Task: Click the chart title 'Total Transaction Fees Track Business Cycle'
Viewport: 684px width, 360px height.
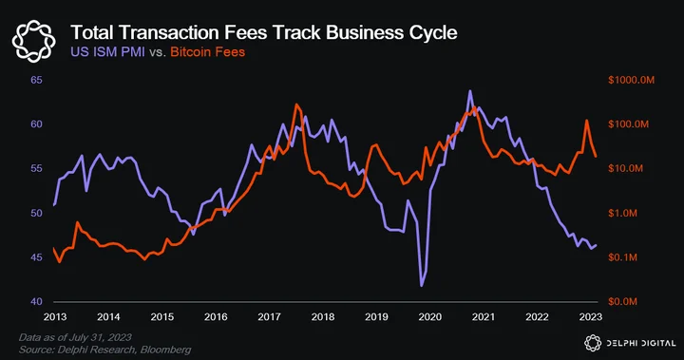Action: [264, 32]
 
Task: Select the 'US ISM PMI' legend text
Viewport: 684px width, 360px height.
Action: [107, 52]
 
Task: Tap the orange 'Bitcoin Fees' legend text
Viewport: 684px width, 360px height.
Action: [208, 52]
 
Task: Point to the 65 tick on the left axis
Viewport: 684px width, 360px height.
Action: [37, 80]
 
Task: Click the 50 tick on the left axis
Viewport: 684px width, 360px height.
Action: [37, 213]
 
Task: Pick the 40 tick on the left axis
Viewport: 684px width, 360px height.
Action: [37, 301]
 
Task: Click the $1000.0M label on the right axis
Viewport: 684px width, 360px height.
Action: [631, 80]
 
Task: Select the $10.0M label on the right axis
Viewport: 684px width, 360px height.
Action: [625, 168]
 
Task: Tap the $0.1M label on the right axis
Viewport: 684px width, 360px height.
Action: [622, 257]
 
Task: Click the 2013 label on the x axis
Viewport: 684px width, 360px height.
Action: [55, 317]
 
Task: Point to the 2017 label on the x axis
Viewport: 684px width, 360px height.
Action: [269, 317]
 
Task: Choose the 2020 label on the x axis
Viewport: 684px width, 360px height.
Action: [430, 317]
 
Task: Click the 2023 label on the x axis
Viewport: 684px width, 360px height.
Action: [591, 317]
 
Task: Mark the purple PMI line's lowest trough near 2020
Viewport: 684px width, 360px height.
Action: [422, 286]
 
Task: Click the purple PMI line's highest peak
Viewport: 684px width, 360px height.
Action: [470, 91]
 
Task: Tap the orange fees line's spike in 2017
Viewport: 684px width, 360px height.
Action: [296, 104]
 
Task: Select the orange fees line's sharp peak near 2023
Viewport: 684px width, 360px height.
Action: [587, 121]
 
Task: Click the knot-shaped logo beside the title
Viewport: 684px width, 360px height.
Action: [33, 41]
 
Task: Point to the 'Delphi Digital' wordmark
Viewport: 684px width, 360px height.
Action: [641, 343]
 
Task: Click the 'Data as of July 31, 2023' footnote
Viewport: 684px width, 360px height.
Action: [75, 337]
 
